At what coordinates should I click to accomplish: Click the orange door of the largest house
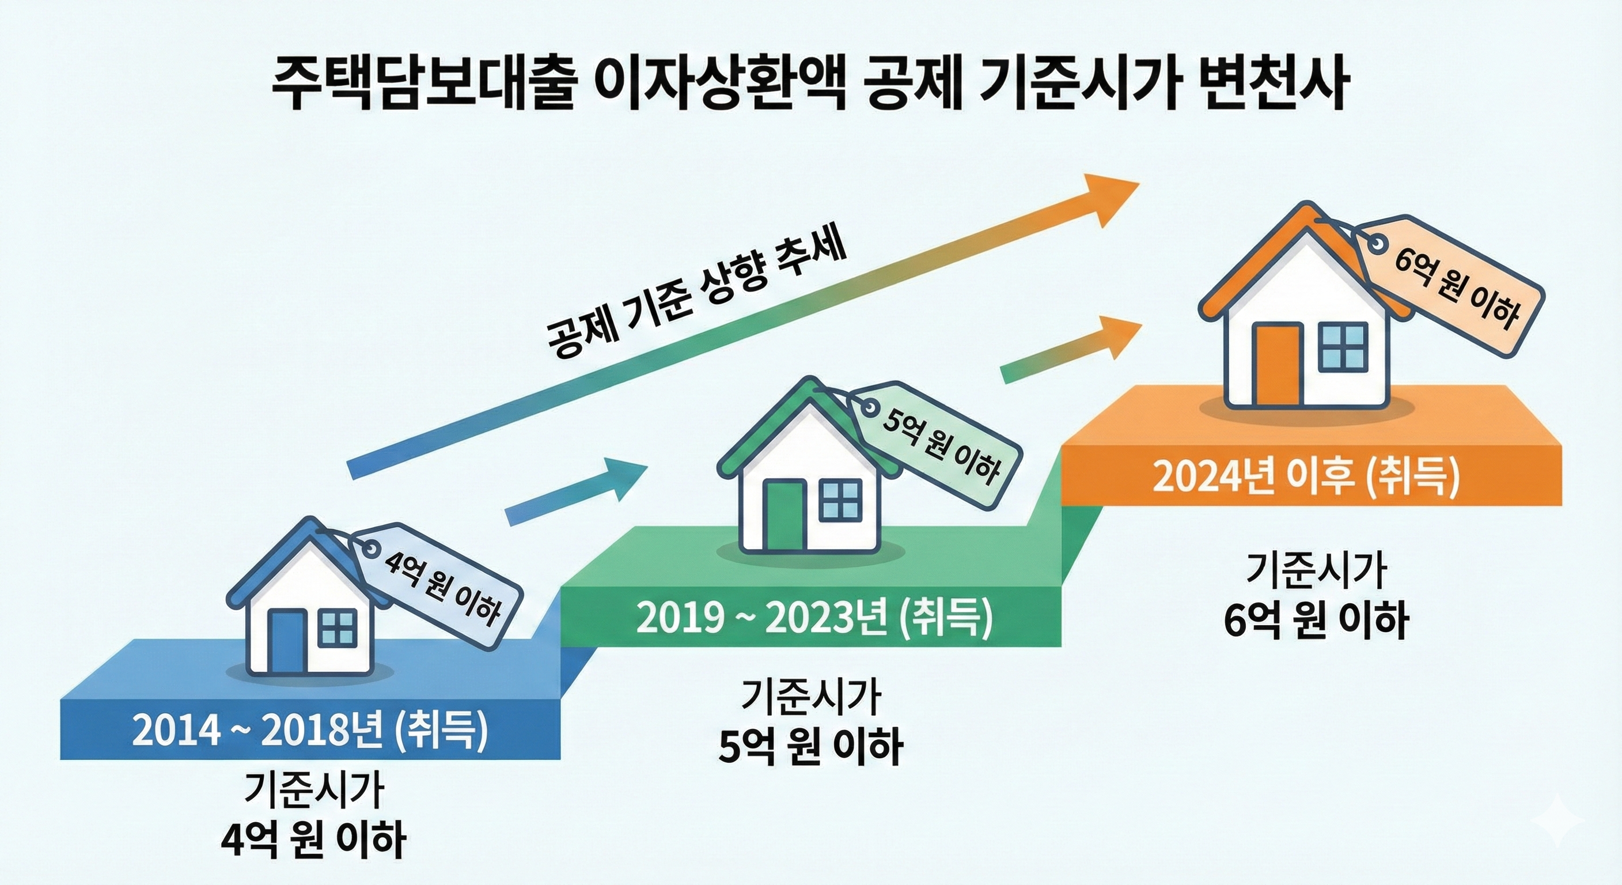click(1276, 365)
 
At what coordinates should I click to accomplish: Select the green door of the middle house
click(785, 515)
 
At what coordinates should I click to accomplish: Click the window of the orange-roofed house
click(1343, 346)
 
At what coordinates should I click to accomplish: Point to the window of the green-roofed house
click(840, 499)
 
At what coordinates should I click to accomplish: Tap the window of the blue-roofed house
click(338, 628)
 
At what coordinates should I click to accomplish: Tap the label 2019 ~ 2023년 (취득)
click(813, 617)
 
